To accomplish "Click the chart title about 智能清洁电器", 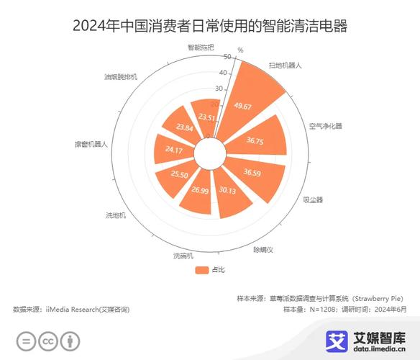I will click(210, 27).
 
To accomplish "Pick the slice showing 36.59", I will click(252, 173).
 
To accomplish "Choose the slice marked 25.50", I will click(179, 174).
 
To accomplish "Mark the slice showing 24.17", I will click(173, 150).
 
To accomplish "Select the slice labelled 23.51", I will click(207, 117).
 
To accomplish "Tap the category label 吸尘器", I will click(314, 199).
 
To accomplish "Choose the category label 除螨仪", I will click(262, 249).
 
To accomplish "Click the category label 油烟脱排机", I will click(121, 76).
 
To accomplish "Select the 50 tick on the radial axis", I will click(227, 57).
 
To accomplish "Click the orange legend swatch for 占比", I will click(201, 270).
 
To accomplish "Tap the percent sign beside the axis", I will click(240, 50).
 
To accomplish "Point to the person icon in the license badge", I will click(70, 341).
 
